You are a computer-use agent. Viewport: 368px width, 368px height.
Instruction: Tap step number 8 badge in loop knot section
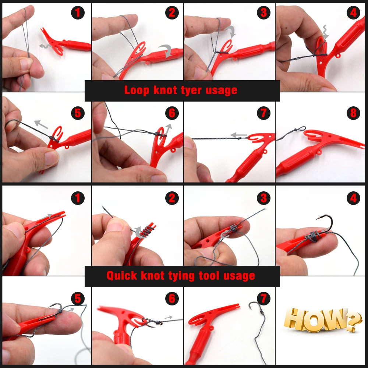tap(353, 113)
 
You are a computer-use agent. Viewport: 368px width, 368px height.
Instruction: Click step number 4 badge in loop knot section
tap(353, 13)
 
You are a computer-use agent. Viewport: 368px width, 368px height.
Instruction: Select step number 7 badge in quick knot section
tap(263, 298)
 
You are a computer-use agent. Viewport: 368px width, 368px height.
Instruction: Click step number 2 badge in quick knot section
tap(172, 198)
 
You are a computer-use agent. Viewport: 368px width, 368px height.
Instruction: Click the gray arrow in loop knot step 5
tap(41, 124)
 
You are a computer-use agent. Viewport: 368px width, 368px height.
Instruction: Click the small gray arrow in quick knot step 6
tap(168, 317)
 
